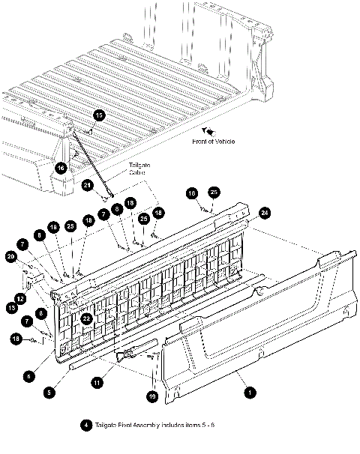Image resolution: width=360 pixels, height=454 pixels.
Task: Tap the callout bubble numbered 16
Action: [x=61, y=167]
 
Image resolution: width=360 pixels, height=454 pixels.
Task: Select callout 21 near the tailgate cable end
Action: [x=88, y=185]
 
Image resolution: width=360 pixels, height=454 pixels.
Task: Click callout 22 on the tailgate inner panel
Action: [x=87, y=318]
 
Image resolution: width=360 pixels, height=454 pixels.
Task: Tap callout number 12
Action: [x=20, y=298]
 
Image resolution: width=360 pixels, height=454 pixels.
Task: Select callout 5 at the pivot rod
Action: [x=49, y=390]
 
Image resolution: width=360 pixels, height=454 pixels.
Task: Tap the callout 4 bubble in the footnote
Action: [x=88, y=424]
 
